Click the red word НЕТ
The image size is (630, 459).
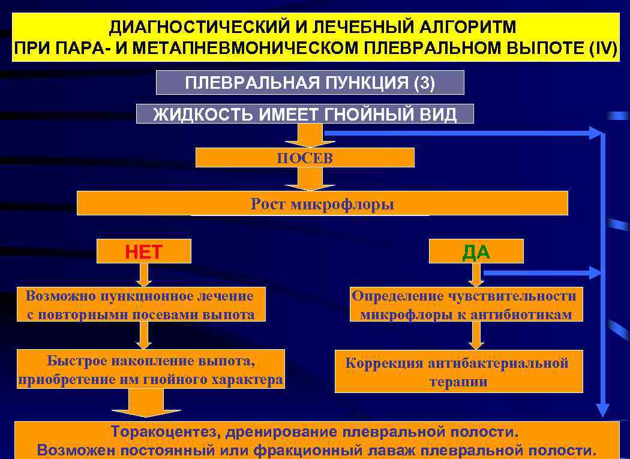144,252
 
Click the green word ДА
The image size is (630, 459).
476,252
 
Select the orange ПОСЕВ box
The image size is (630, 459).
305,158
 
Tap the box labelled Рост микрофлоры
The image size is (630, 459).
322,204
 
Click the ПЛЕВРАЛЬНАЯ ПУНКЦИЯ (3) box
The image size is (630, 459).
310,83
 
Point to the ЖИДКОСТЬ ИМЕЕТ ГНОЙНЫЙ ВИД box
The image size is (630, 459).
305,114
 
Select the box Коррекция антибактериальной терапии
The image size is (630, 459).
458,372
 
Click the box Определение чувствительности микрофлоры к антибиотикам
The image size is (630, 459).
466,305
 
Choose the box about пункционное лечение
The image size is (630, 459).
140,305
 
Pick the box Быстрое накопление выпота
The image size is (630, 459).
151,370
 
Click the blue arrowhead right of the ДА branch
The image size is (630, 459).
594,272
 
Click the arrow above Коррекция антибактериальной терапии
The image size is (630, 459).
476,337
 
